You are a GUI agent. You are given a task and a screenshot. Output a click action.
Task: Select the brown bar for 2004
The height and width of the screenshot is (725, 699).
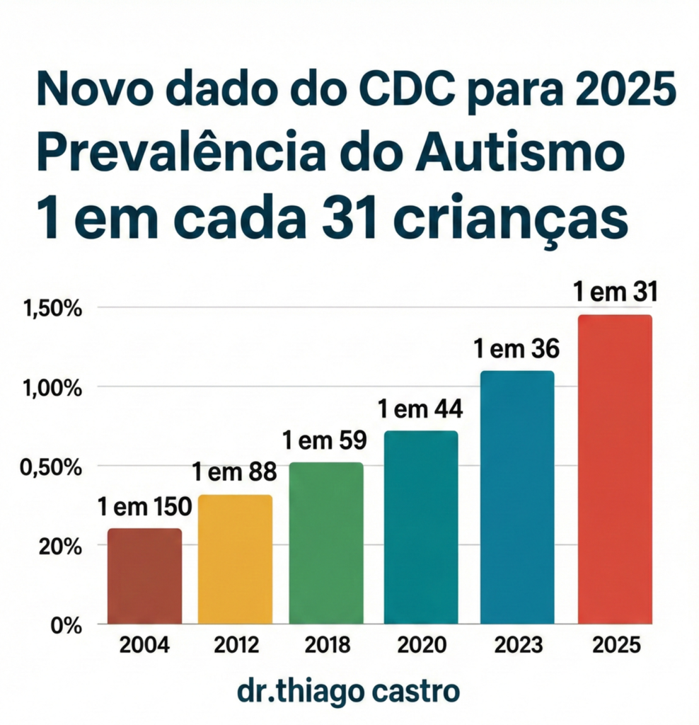point(144,576)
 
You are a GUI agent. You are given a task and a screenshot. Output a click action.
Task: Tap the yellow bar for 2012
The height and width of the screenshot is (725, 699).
point(235,559)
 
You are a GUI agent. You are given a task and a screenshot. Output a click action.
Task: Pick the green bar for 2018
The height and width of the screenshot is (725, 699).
point(326,543)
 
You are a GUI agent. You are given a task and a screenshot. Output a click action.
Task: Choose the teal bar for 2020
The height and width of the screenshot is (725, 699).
point(421,527)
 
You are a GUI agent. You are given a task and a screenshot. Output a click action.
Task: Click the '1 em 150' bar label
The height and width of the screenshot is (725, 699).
point(144,507)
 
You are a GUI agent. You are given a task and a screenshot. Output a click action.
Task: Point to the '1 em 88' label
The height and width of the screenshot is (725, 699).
point(235,472)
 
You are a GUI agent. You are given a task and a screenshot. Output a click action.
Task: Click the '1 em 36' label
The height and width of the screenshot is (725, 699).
point(516,348)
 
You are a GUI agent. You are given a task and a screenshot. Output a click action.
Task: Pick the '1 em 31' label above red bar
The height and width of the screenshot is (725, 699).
point(614,292)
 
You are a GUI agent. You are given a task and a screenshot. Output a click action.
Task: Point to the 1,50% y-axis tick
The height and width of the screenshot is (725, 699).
point(52,309)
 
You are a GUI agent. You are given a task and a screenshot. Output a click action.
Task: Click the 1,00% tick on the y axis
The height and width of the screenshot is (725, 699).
point(52,388)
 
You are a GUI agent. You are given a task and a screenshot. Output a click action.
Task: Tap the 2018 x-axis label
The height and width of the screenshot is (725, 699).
point(327,646)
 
